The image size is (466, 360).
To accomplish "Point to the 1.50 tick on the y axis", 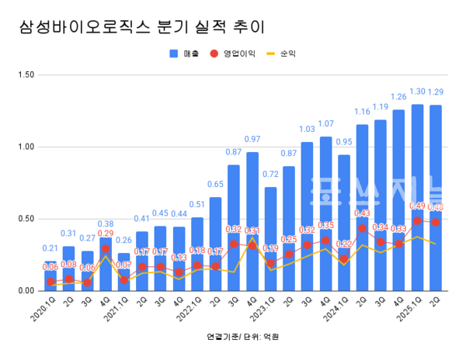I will [25, 74].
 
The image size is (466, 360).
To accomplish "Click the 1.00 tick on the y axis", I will [25, 147].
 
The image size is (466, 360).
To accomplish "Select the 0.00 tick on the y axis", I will [25, 290].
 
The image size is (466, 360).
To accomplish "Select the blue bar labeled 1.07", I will [325, 213].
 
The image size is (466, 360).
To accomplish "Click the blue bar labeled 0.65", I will [215, 244].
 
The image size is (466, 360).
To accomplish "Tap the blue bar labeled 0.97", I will [252, 221].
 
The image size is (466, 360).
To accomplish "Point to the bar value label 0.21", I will [50, 248].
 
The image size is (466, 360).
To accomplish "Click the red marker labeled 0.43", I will [363, 229].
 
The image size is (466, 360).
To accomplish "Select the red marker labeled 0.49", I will [418, 220].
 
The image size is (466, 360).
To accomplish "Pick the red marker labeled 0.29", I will [105, 249].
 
